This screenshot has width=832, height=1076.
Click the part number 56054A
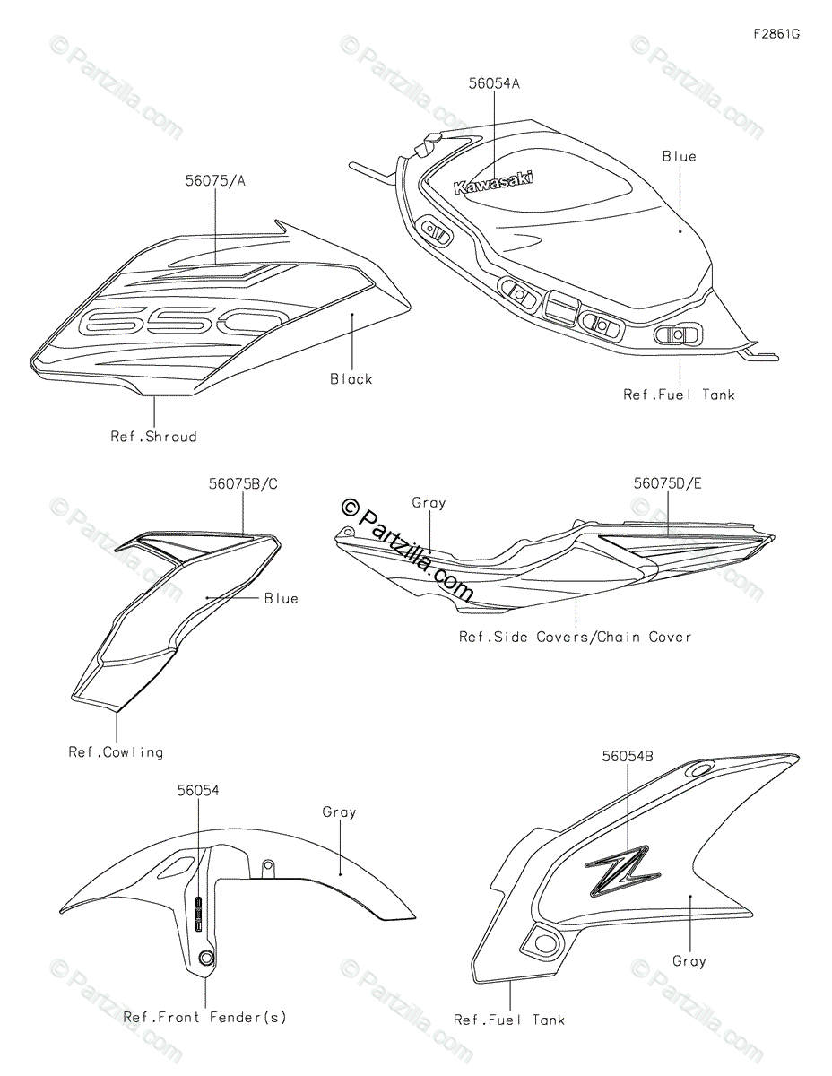coord(494,83)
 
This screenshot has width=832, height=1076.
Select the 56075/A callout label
coord(215,181)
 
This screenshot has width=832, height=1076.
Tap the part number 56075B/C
coord(243,484)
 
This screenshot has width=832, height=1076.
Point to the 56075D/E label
coord(667,483)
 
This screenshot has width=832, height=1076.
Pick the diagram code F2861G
coord(776,34)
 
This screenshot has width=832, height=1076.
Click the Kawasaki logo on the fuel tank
coord(494,183)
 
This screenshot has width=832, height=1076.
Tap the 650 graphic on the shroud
coord(182,322)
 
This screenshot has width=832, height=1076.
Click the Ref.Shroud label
coord(154,437)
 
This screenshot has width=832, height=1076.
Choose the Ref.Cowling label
coord(116,752)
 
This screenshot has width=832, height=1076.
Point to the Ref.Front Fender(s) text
coord(205,1018)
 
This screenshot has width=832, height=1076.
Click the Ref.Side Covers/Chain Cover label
coord(575,637)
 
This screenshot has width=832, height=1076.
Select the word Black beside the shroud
coord(351,379)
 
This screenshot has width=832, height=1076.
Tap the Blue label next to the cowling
coord(282,599)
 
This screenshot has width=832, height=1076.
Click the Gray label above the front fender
coord(339,812)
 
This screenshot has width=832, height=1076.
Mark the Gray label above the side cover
coord(429,503)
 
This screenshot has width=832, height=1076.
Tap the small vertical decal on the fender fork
coord(198,914)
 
